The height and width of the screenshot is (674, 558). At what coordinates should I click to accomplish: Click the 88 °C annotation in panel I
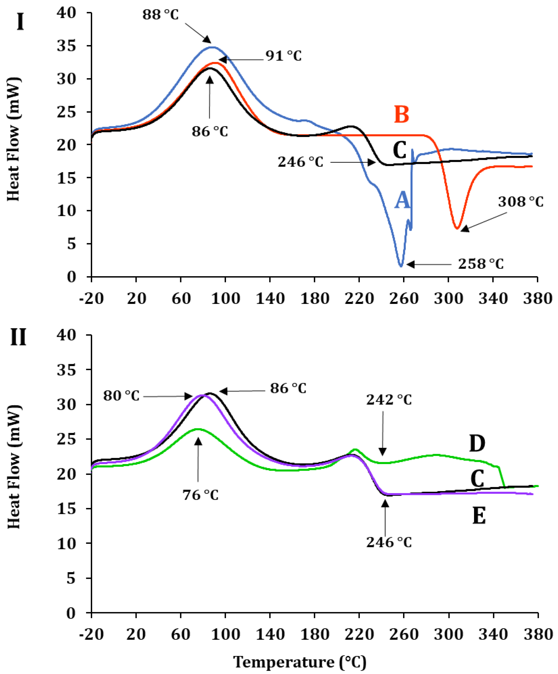[x=161, y=15]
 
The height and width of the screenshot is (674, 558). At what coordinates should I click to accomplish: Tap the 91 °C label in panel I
[x=283, y=56]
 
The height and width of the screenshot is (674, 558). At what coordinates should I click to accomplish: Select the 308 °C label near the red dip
[x=520, y=202]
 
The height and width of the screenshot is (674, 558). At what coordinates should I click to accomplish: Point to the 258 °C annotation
[x=481, y=264]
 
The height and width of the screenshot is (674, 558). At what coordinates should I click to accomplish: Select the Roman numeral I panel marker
[x=20, y=22]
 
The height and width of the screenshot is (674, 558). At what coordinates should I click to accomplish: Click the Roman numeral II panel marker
[x=18, y=338]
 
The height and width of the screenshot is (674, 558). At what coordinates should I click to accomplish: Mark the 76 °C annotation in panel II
[x=201, y=495]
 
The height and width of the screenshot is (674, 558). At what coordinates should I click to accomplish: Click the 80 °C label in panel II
[x=121, y=396]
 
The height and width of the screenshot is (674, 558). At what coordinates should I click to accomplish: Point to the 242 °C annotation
[x=389, y=400]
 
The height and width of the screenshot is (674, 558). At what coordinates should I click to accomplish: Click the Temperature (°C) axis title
[x=300, y=662]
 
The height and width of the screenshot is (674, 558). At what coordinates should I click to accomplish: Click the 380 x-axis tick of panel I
[x=537, y=299]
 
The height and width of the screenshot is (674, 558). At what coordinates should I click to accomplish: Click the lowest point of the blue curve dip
[x=401, y=266]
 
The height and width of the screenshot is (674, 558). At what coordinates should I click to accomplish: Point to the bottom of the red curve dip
[x=457, y=228]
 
